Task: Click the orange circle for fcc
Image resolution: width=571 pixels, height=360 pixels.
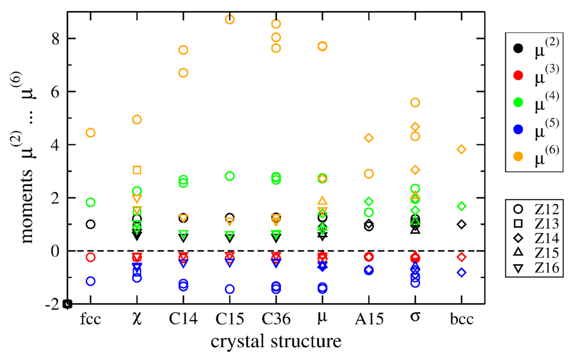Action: pyautogui.click(x=90, y=133)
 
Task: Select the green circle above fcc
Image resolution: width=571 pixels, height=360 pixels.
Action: pyautogui.click(x=90, y=202)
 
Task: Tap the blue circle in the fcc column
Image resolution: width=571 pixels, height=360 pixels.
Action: pyautogui.click(x=90, y=281)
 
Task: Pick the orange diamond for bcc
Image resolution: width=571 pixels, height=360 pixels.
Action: pyautogui.click(x=461, y=149)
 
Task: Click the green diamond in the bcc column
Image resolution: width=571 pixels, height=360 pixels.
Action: pyautogui.click(x=461, y=206)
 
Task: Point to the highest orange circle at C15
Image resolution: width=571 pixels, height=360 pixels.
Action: pyautogui.click(x=229, y=20)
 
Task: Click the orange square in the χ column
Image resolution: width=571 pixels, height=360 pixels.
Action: pyautogui.click(x=137, y=170)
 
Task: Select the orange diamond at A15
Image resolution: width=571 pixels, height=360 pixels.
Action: pyautogui.click(x=369, y=138)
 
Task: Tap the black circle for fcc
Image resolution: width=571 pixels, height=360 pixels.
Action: pyautogui.click(x=90, y=224)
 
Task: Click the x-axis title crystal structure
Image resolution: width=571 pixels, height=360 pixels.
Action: pyautogui.click(x=275, y=341)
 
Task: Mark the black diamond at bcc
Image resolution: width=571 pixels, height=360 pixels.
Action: pyautogui.click(x=461, y=224)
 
